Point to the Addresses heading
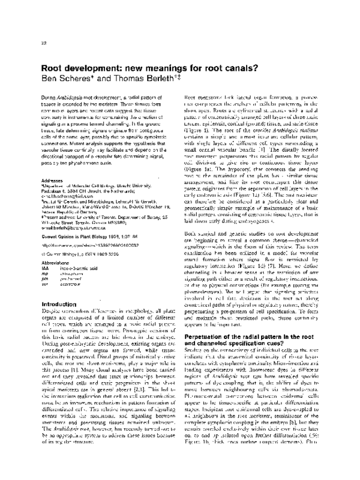coord(55,195)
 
